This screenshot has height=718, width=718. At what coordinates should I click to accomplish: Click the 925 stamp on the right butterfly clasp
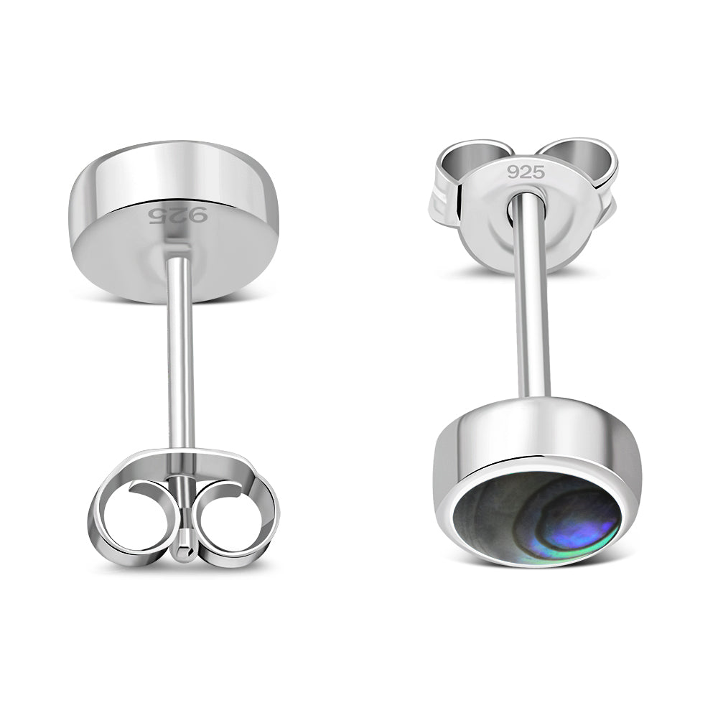pos(526,172)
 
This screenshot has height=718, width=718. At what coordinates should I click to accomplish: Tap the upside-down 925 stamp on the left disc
pos(177,215)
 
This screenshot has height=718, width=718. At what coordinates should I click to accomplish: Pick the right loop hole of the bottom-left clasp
pos(227,519)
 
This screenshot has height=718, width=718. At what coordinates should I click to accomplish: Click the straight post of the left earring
pos(180,359)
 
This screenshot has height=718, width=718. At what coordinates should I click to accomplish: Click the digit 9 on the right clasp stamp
pos(513,172)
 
